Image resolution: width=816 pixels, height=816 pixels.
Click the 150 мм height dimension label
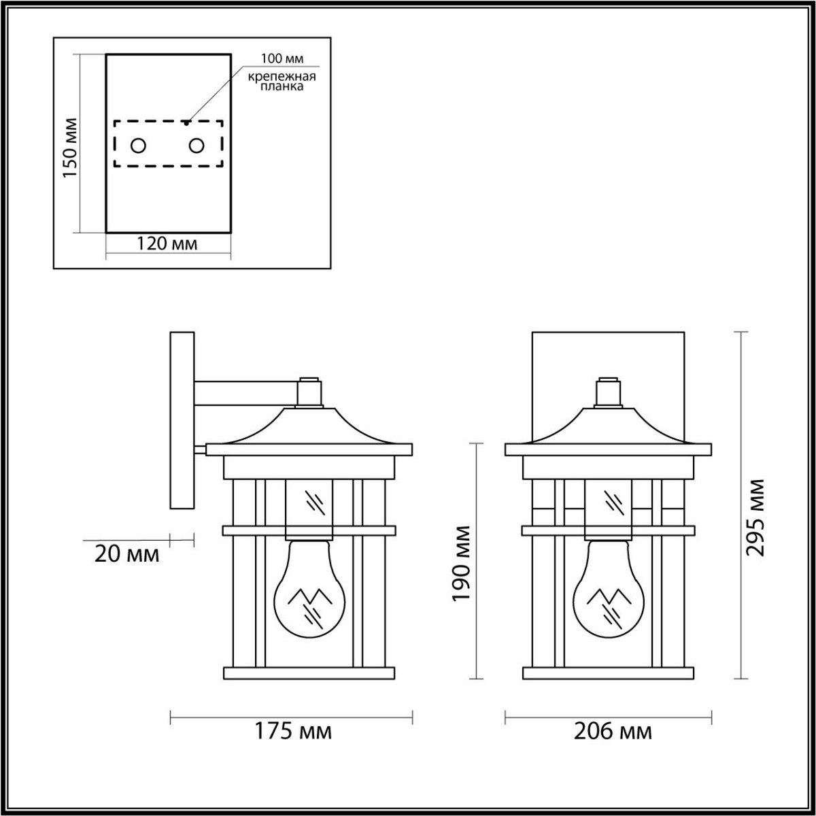click(x=70, y=148)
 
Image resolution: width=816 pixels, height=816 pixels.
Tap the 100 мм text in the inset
click(x=281, y=59)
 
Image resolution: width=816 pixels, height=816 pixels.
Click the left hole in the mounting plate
click(x=138, y=146)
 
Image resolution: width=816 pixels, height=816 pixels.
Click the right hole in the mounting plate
click(x=197, y=146)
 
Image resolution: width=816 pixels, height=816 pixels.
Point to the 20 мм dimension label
click(x=127, y=554)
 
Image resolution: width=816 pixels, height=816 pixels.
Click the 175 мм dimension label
click(x=293, y=732)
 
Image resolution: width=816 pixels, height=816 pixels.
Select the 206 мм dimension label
click(x=613, y=732)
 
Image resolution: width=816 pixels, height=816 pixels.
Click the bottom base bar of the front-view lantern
click(x=609, y=673)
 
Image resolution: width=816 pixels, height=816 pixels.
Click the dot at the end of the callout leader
click(x=187, y=123)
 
